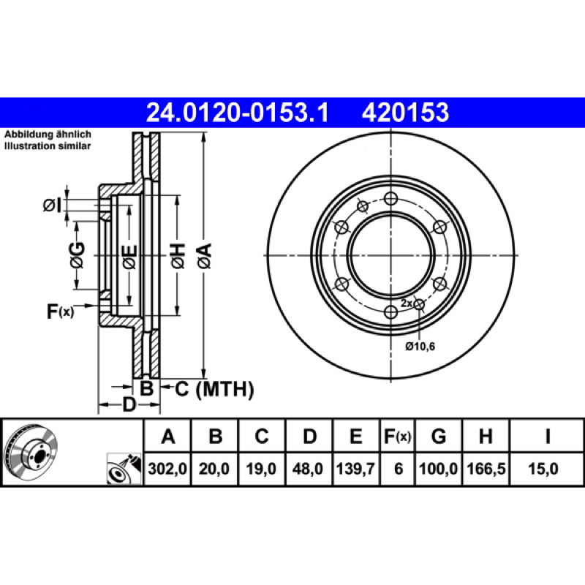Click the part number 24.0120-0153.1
[239, 113]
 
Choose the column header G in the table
[439, 437]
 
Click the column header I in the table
[547, 437]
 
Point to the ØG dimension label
[78, 255]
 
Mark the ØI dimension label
[51, 206]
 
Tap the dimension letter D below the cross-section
[129, 404]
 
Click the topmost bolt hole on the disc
[390, 199]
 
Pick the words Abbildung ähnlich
[48, 136]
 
